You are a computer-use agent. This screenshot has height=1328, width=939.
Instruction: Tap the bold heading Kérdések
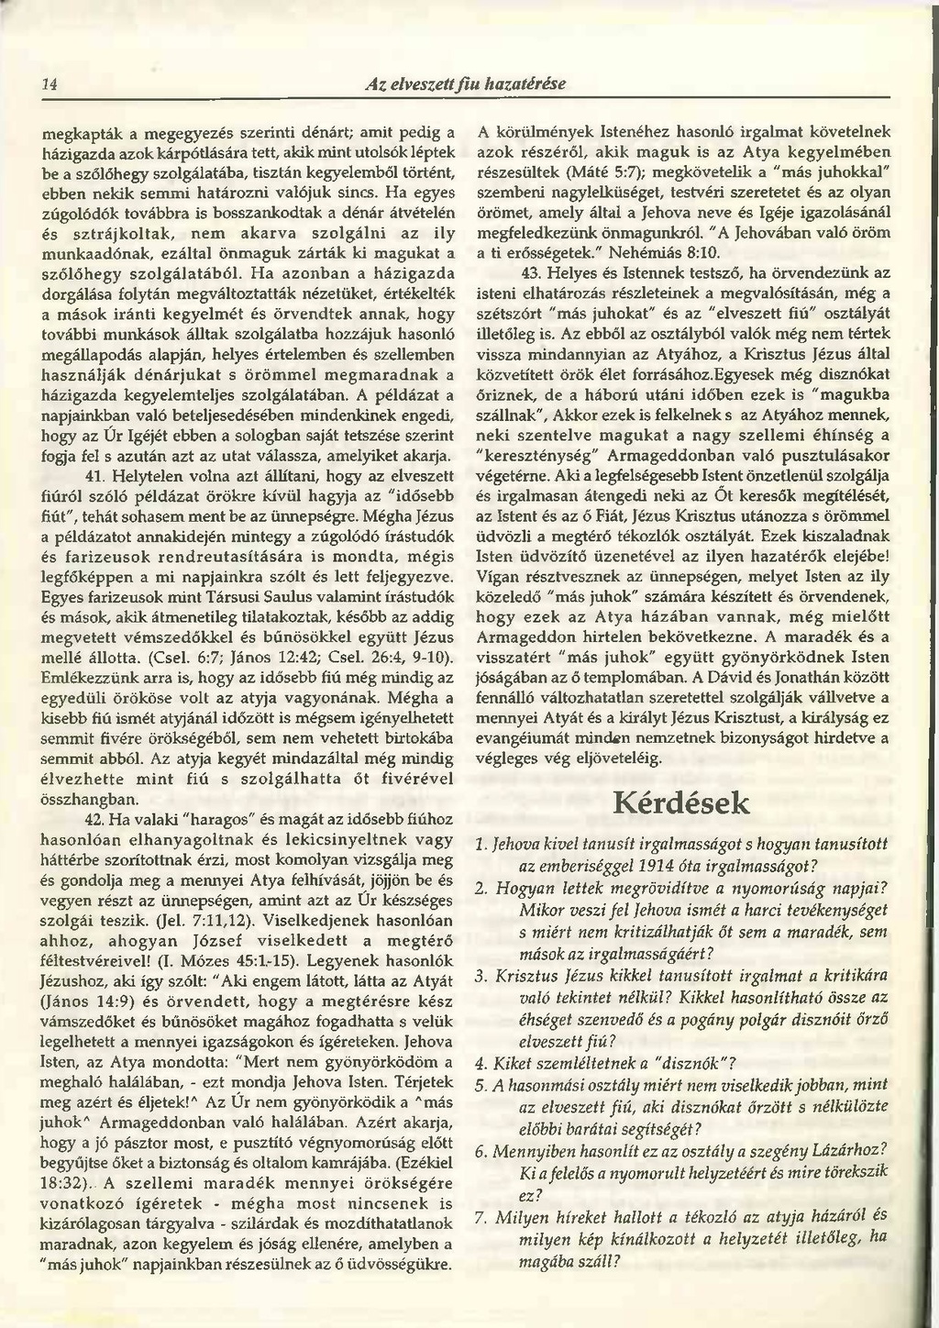[679, 804]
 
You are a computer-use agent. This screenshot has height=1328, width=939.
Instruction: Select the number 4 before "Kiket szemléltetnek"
[480, 1064]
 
